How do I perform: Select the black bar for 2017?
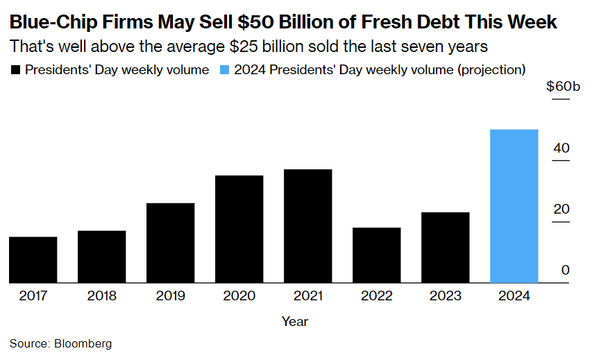(33, 259)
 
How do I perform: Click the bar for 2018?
(102, 257)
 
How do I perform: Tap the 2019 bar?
(171, 243)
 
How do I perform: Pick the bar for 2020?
(239, 229)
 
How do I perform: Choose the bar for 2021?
(308, 226)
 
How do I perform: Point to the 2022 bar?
(377, 255)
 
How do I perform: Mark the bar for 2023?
(446, 248)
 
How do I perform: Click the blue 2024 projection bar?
(514, 206)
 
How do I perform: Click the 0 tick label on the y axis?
(566, 271)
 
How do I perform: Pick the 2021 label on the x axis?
(308, 296)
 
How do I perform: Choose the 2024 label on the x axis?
(514, 296)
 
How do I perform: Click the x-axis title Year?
(295, 322)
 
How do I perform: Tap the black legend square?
(15, 70)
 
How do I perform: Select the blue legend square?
(224, 70)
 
